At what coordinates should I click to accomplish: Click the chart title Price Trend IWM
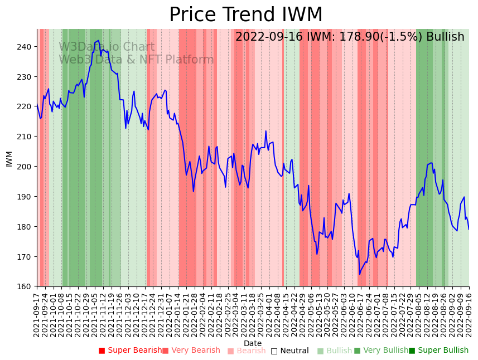[245, 15]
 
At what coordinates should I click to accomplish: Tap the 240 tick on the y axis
[26, 47]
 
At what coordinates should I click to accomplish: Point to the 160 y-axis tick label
[26, 287]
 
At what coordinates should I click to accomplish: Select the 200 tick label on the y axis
[26, 167]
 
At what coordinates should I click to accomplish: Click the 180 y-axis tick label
[26, 227]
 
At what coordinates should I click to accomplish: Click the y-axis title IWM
[9, 158]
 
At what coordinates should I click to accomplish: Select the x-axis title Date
[253, 343]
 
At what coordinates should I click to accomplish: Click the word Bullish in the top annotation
[445, 37]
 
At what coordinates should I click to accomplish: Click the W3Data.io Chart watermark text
[107, 47]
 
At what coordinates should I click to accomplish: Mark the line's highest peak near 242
[99, 41]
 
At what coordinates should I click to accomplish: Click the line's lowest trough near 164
[360, 274]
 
